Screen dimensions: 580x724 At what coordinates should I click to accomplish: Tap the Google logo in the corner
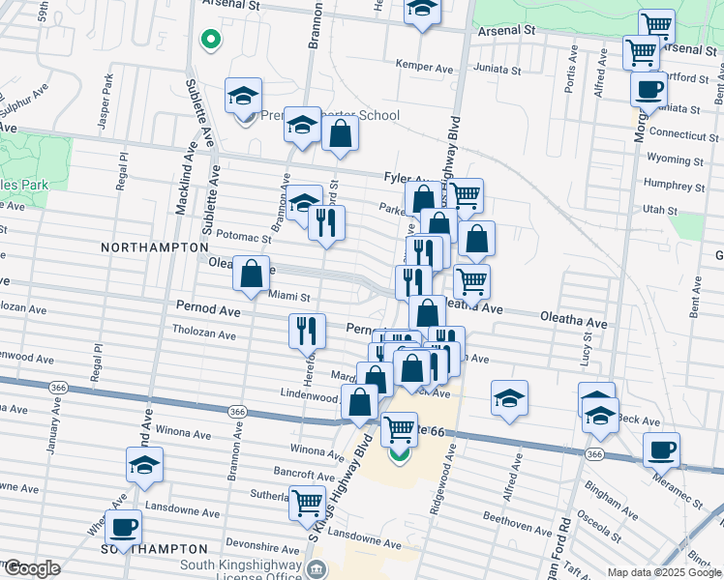31,569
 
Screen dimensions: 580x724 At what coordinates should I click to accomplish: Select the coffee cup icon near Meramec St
661,449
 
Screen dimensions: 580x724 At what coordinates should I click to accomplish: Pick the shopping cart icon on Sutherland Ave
306,501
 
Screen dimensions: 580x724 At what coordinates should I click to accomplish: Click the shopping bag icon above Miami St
251,274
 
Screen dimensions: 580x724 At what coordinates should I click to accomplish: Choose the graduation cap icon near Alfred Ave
509,397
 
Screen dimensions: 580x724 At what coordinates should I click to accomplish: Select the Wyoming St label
676,159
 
